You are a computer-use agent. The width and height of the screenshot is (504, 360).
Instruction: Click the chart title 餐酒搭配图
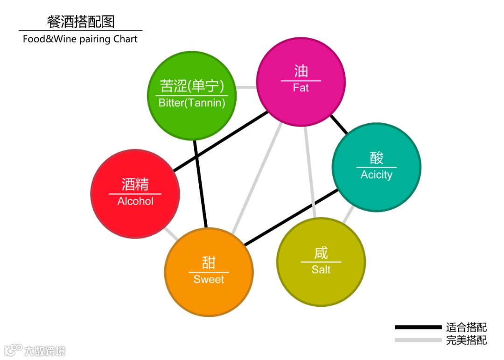coord(81,21)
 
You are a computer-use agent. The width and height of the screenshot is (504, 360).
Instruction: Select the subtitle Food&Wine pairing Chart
coord(80,39)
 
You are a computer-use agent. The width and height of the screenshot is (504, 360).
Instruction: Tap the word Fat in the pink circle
coord(301,88)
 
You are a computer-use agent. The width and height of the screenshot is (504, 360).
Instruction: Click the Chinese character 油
coord(301,71)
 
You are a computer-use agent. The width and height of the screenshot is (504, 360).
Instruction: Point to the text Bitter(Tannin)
coord(192,103)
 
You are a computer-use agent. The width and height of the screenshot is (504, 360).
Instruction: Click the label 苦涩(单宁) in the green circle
coord(192,86)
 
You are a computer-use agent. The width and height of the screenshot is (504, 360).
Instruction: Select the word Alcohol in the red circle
coord(135,201)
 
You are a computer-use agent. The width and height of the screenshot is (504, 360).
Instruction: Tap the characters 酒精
coord(135,184)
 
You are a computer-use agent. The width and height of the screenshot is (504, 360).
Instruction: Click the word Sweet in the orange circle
coord(209,279)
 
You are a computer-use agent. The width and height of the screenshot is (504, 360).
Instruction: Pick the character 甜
coord(209,262)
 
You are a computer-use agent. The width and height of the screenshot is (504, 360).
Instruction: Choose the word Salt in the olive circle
coord(321,269)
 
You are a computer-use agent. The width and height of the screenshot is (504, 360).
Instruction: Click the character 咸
coord(321,253)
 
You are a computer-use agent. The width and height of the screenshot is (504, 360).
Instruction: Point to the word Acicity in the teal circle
coord(376,175)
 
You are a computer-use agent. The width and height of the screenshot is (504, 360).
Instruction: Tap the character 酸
coord(377,158)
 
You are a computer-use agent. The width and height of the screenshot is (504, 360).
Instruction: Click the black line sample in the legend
coord(418,327)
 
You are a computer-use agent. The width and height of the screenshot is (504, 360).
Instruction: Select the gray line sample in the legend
coord(418,340)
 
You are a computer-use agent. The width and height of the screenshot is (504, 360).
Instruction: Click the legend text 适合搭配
coord(466,327)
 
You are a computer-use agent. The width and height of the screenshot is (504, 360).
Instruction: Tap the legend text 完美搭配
coord(466,340)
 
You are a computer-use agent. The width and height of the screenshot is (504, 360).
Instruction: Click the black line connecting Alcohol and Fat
coord(219,141)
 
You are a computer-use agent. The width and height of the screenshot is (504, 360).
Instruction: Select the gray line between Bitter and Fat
coord(246,87)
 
